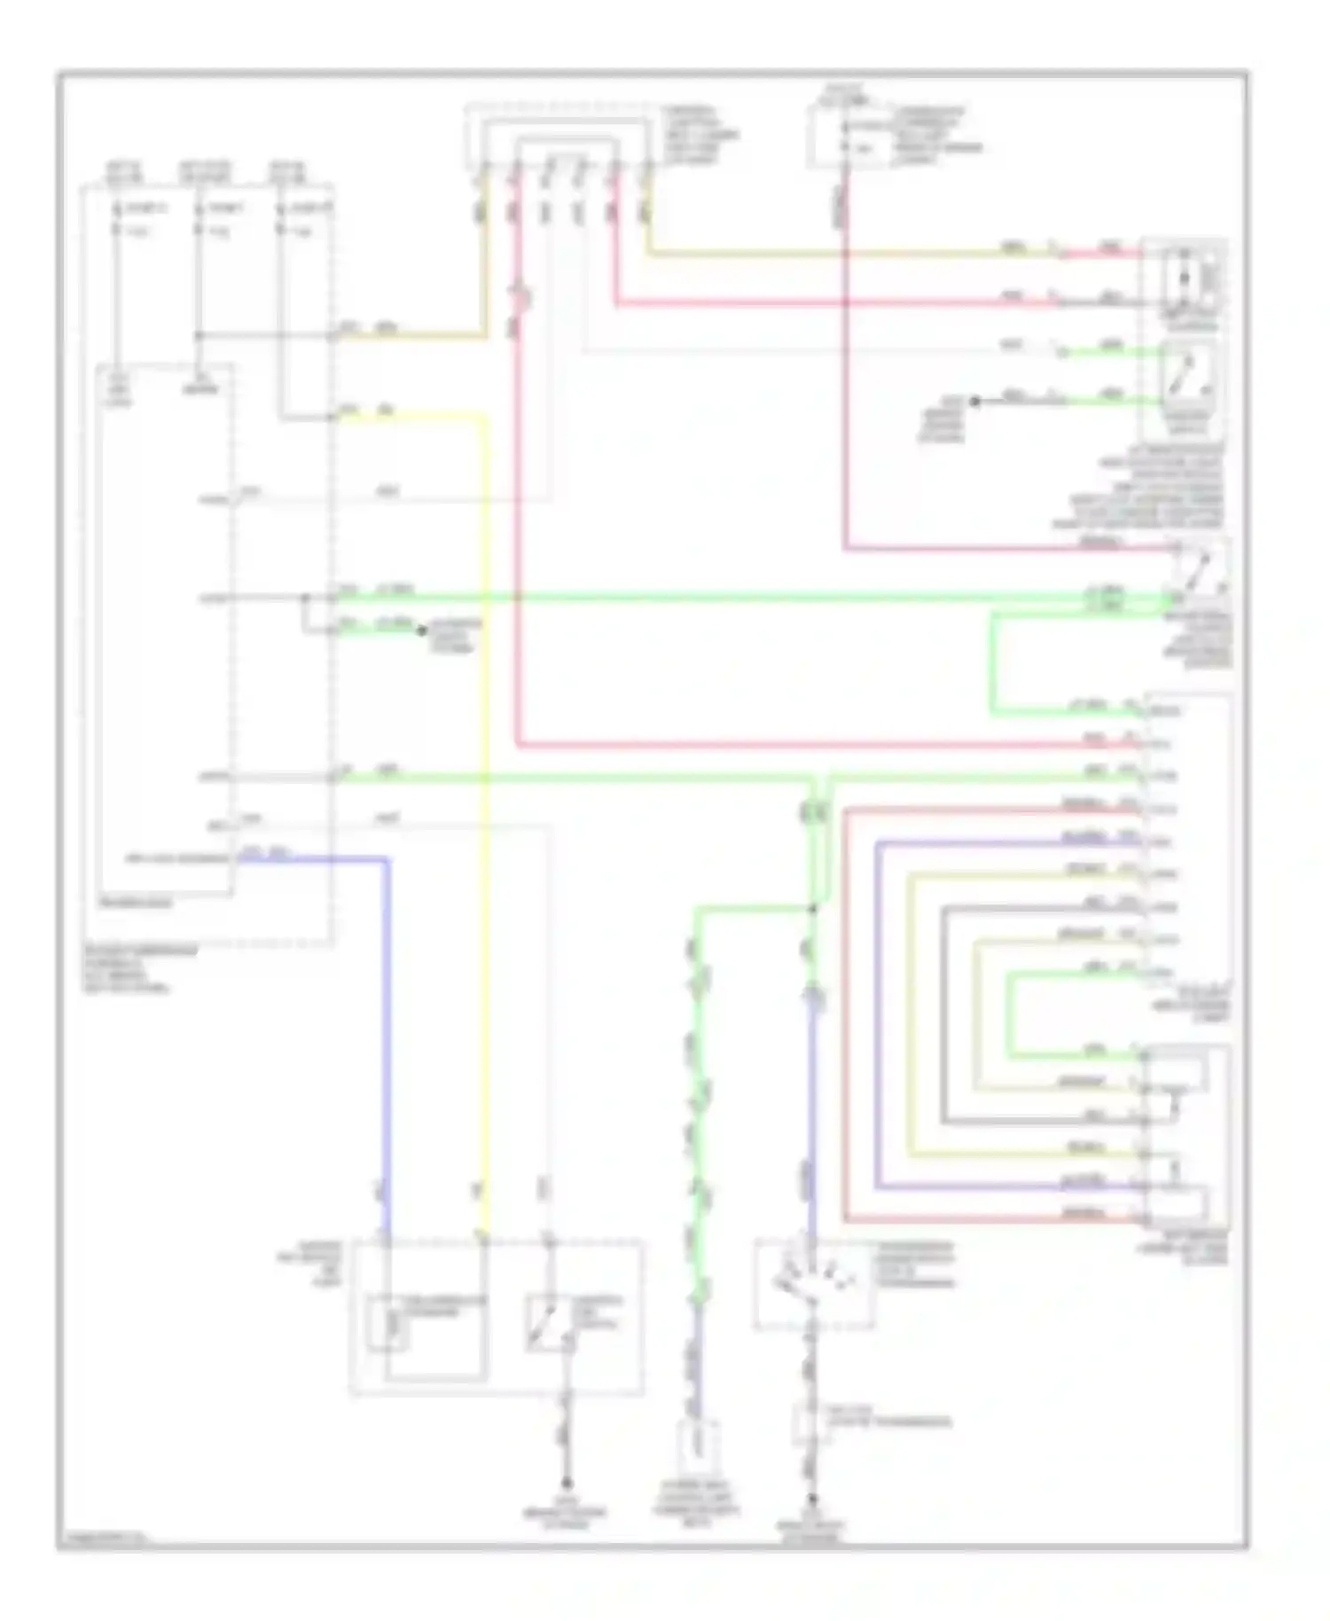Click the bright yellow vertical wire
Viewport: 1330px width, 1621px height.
coord(486,798)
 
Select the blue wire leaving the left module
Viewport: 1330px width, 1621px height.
coord(386,1020)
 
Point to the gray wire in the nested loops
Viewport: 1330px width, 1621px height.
coord(943,1020)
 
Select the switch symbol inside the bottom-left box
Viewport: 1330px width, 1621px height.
coord(548,1324)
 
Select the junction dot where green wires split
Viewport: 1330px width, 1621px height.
coord(812,908)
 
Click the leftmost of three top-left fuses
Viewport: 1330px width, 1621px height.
coord(116,220)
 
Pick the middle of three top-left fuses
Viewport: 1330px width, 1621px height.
coord(200,220)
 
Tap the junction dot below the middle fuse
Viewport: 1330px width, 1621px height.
coord(199,336)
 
